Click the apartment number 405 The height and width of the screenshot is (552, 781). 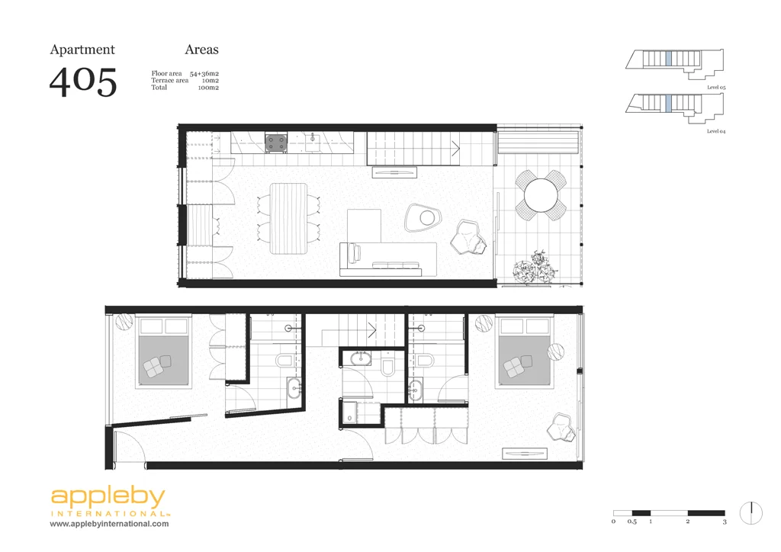click(x=83, y=82)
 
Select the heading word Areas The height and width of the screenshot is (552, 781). click(x=201, y=50)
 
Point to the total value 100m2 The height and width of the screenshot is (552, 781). click(x=208, y=88)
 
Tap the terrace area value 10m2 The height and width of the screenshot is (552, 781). click(x=211, y=80)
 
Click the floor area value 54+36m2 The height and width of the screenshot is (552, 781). click(x=204, y=72)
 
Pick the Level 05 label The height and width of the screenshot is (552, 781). click(x=715, y=88)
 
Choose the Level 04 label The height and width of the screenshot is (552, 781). click(x=715, y=131)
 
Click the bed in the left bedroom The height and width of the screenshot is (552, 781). click(x=162, y=355)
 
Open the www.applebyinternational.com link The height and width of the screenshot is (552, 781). click(x=110, y=524)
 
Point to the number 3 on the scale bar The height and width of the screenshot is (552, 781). click(x=725, y=522)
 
